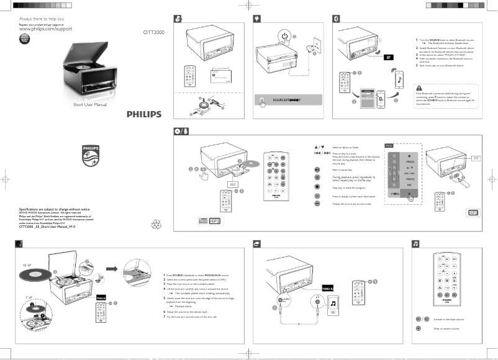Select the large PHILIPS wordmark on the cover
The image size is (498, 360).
[143, 114]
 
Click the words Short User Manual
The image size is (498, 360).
[91, 104]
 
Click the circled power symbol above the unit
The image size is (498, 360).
[284, 37]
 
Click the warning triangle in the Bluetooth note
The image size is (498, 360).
[420, 87]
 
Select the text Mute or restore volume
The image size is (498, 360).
[446, 328]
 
